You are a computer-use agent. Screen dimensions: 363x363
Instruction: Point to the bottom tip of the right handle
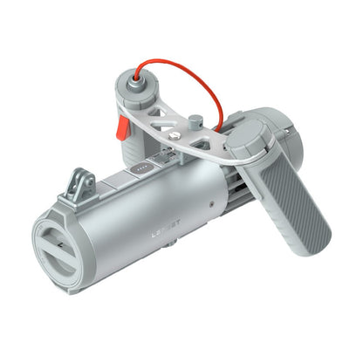tap(319, 236)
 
